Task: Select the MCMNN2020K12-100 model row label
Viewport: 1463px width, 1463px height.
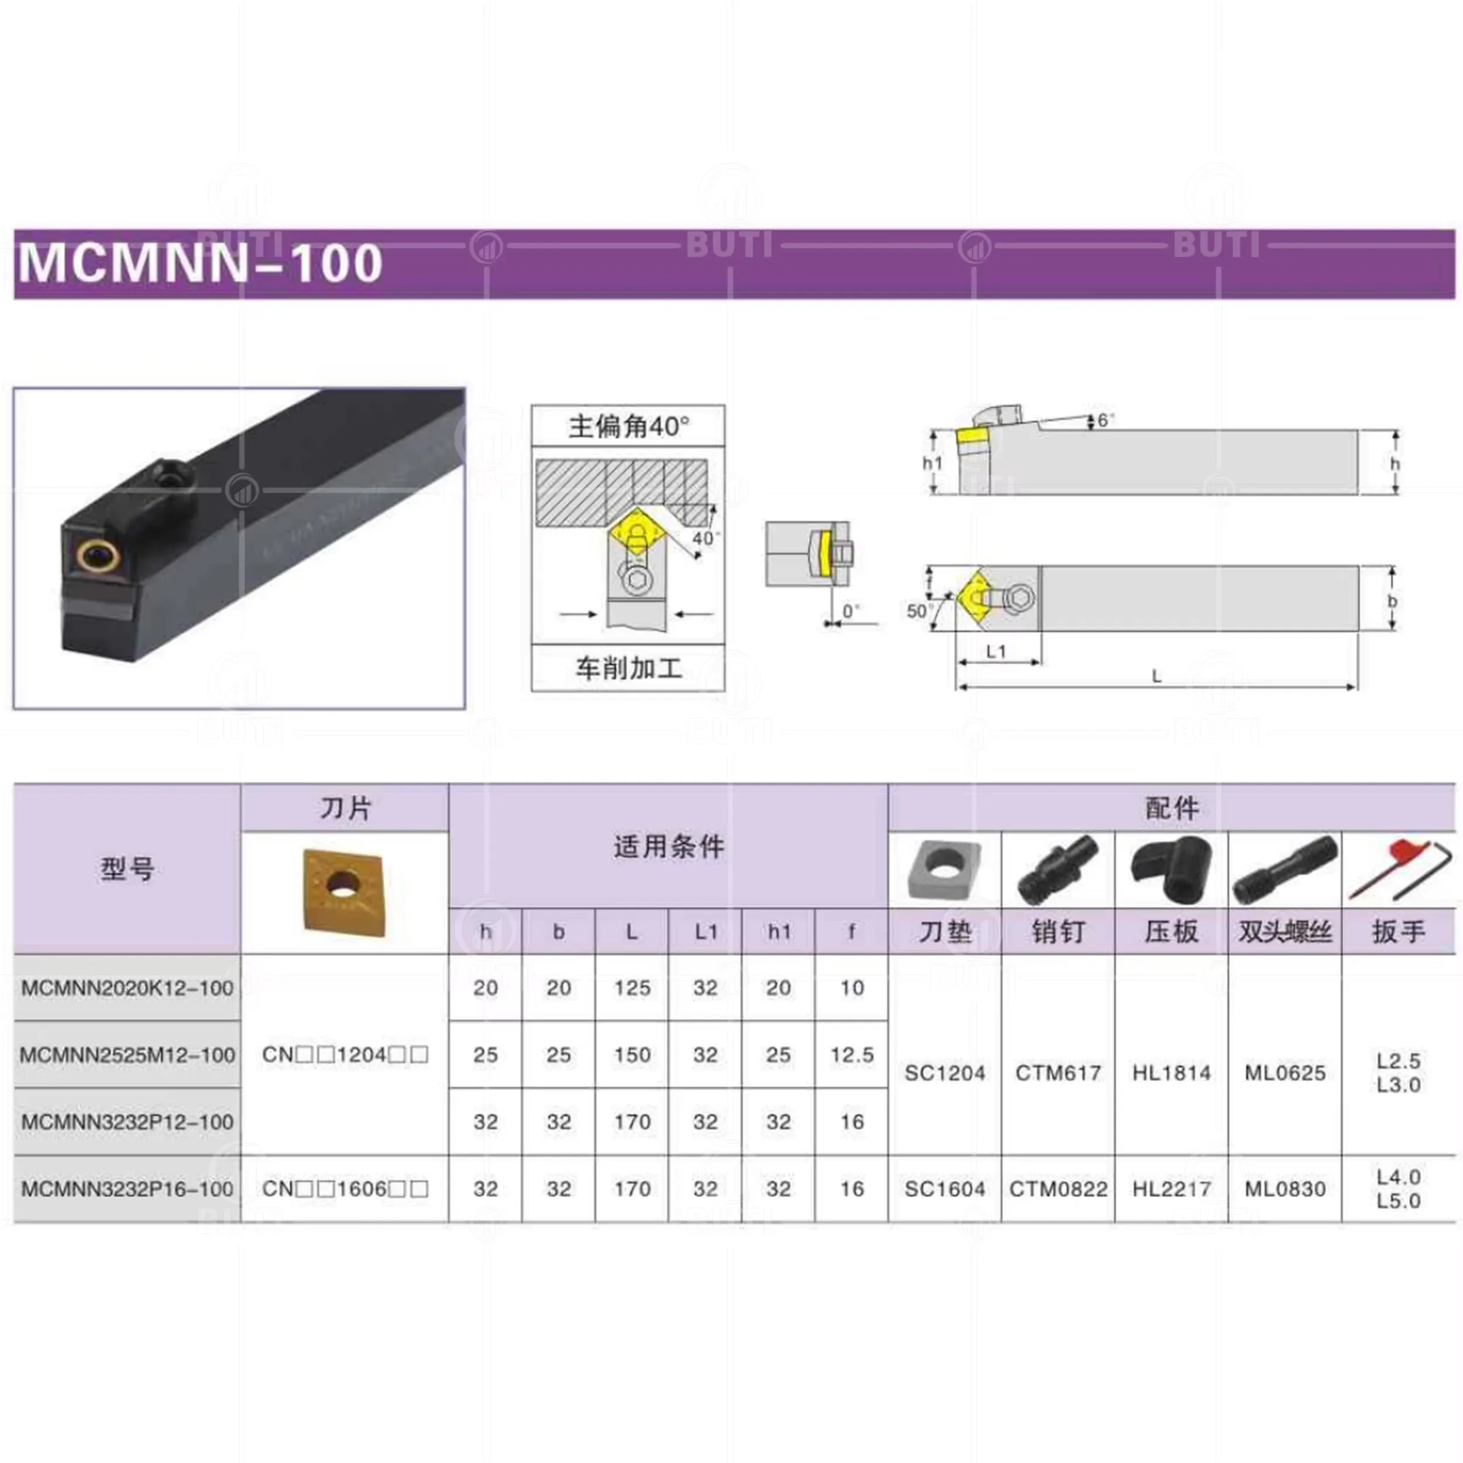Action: point(127,987)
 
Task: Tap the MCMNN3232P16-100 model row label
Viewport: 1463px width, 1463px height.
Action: point(127,1189)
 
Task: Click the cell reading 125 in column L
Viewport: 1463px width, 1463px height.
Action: point(632,987)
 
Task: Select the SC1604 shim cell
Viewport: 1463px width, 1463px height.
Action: point(945,1189)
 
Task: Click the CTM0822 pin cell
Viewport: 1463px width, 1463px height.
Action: point(1058,1189)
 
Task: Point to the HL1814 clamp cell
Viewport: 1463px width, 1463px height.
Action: point(1172,1072)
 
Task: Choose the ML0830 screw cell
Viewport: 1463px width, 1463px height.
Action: point(1285,1189)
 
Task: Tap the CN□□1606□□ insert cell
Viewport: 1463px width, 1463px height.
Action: point(345,1189)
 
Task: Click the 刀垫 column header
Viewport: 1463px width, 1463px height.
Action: point(945,932)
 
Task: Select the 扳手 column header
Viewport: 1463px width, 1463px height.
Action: point(1398,932)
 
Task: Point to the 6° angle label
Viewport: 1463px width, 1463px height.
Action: point(1107,420)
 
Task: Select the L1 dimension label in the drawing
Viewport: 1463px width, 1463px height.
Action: point(997,651)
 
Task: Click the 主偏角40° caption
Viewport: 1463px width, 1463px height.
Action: point(629,427)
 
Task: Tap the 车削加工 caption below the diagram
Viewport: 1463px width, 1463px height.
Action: point(629,668)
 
